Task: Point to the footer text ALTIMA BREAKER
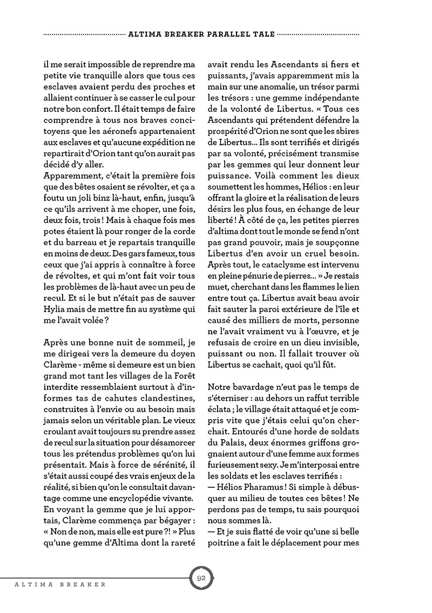click(x=52, y=584)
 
